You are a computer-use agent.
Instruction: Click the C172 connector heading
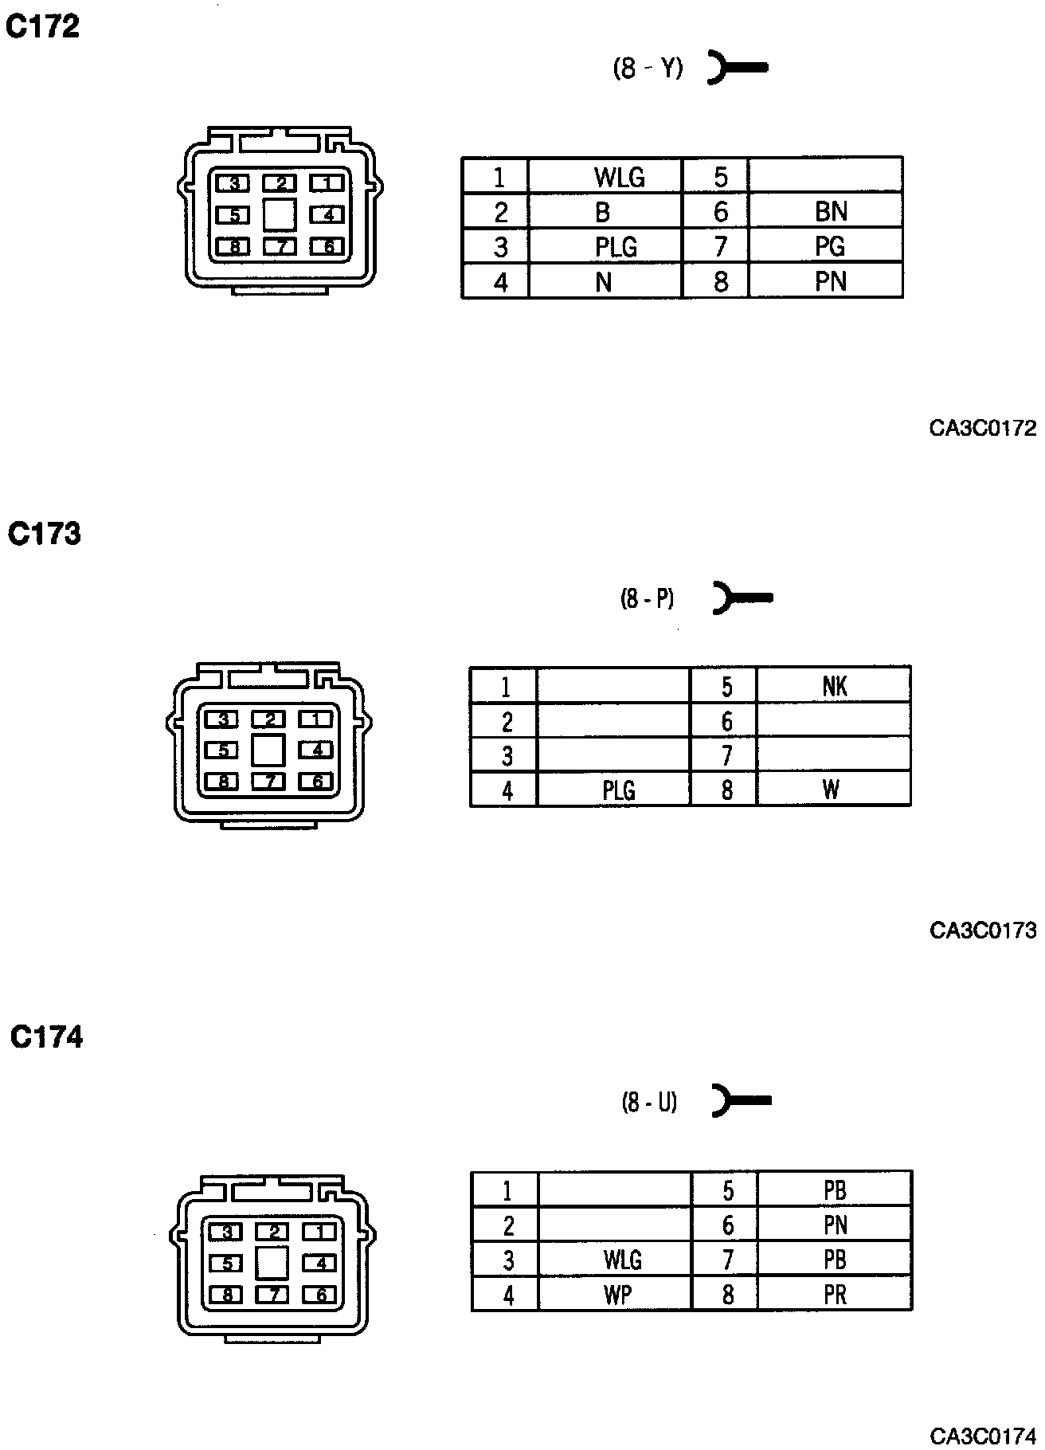(43, 27)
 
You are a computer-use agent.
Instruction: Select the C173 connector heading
(45, 533)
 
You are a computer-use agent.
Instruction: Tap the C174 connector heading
(46, 1037)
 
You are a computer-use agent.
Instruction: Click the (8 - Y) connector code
(648, 69)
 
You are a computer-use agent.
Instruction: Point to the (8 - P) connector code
(647, 598)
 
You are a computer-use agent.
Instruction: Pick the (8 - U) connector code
(648, 1102)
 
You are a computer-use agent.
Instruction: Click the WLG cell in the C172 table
(619, 176)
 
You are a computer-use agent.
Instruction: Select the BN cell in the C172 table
(831, 211)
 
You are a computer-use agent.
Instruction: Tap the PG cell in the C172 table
(829, 246)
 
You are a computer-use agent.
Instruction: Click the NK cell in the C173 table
(834, 686)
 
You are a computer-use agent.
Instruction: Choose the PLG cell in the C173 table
(618, 790)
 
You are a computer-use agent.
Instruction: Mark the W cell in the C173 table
(831, 790)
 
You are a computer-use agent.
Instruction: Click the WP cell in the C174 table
(617, 1295)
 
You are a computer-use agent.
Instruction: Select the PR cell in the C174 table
(835, 1295)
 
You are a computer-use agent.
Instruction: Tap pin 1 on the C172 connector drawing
(326, 183)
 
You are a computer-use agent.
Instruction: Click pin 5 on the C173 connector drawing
(223, 750)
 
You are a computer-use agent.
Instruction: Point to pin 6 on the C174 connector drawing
(321, 1295)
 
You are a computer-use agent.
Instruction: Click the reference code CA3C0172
(983, 429)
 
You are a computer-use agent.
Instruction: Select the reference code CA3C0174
(984, 1436)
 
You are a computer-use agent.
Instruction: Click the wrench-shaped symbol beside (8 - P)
(741, 598)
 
